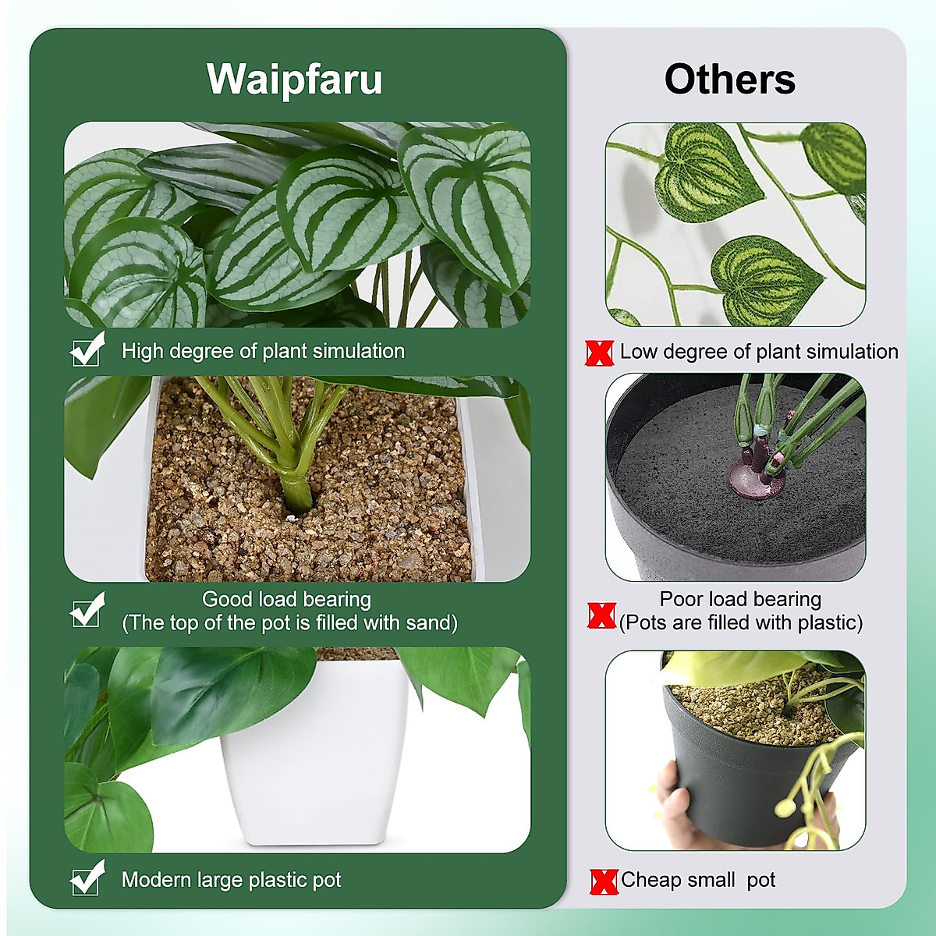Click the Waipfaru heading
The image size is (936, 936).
294,80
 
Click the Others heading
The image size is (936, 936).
729,80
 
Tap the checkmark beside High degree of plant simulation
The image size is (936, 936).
87,350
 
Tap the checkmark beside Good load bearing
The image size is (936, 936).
87,611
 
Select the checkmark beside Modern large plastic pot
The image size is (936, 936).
87,879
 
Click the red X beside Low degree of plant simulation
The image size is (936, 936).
599,353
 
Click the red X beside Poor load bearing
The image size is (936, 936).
601,615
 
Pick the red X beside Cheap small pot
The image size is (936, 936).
604,881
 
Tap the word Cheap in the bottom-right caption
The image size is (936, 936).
651,880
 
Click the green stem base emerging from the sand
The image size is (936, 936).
296,491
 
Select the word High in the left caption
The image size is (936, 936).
141,351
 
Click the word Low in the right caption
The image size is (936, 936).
637,352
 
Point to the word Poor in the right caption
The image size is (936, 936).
680,599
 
